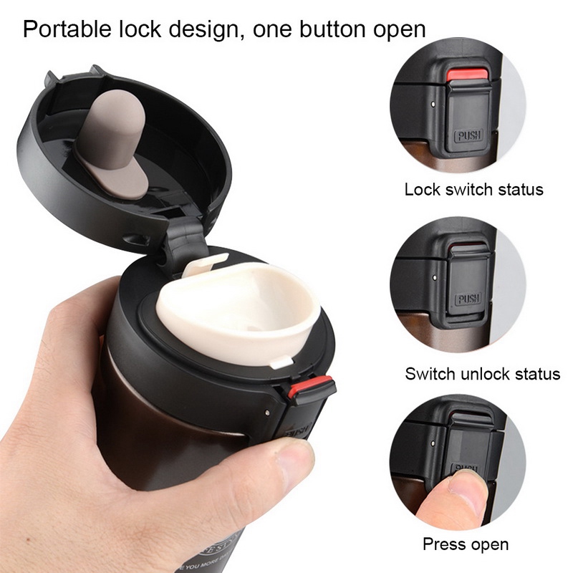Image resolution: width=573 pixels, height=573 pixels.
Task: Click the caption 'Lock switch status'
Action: click(x=473, y=190)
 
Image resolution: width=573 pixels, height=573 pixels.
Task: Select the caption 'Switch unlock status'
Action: click(x=482, y=373)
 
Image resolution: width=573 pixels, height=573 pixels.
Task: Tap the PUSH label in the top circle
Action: click(x=468, y=135)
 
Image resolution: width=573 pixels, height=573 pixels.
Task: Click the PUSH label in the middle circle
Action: click(x=468, y=298)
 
